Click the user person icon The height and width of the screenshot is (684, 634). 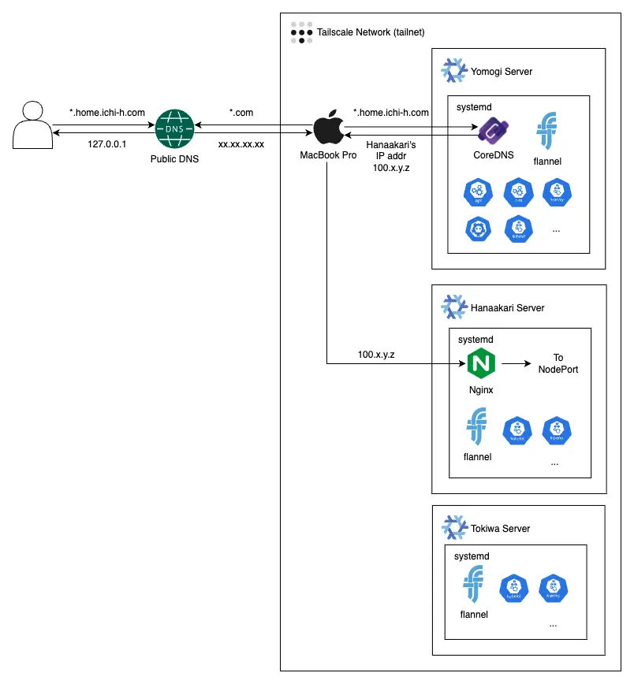point(29,125)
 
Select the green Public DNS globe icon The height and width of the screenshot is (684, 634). point(173,128)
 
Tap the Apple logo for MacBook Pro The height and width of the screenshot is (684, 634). point(327,128)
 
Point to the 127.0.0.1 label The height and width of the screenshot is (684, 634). point(107,144)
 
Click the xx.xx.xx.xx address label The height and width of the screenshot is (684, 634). point(241,145)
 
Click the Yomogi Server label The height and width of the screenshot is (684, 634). point(502,72)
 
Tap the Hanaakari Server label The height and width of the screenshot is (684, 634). point(508,307)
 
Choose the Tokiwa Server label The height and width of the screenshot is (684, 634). point(501,529)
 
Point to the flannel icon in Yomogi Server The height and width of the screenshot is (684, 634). point(547,130)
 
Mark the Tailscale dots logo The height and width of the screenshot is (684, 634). point(300,32)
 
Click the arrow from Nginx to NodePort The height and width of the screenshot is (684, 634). point(516,364)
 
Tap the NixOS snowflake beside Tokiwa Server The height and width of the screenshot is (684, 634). point(453,529)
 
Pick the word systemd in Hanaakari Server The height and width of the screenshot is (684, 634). point(475,340)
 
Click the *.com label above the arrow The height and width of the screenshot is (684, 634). point(241,113)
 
